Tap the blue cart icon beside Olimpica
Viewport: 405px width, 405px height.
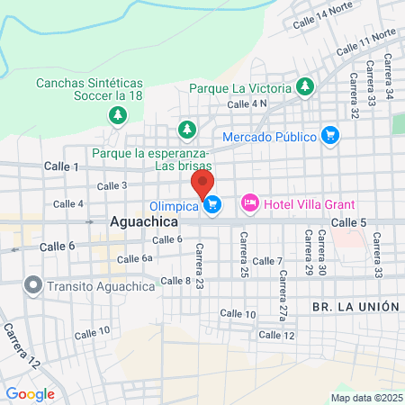point(212,206)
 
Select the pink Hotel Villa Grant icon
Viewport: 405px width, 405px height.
point(250,205)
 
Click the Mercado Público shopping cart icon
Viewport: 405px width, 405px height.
point(330,136)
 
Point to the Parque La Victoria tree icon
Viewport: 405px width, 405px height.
point(305,87)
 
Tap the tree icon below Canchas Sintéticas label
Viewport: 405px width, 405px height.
point(116,114)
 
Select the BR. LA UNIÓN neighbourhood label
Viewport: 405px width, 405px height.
point(355,306)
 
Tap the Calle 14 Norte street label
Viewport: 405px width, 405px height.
point(319,13)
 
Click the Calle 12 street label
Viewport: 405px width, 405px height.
point(276,335)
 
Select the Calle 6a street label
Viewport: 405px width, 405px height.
point(135,258)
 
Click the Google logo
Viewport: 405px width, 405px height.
point(30,393)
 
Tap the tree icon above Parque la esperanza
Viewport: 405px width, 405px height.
point(187,130)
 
